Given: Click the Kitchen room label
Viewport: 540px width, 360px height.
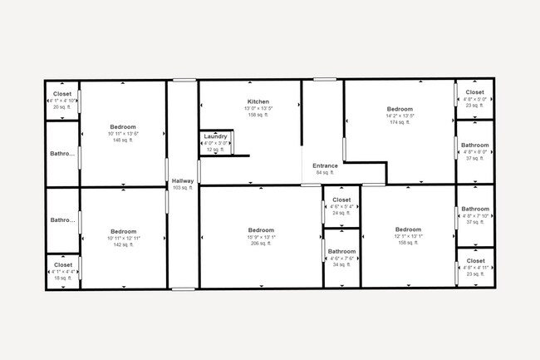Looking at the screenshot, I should point(258,101).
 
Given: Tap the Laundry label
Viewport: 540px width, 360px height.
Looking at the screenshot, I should point(215,136).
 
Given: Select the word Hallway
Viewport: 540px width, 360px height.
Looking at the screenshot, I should point(182,181).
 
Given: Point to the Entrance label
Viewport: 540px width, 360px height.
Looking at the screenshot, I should point(325,165).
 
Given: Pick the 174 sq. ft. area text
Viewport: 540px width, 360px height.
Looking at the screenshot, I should point(400,122).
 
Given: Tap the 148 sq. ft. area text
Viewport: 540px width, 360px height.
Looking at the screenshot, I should point(123,141).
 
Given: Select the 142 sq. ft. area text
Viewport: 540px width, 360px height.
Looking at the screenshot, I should point(123,245).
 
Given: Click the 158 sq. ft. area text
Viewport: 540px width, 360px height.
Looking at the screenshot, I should point(408,244).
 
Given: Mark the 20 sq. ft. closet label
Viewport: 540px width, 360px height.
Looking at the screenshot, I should point(62,107).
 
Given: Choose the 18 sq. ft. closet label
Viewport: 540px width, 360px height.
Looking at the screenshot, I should point(62,279).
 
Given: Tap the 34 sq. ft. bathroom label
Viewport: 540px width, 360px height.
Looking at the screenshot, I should point(341,265).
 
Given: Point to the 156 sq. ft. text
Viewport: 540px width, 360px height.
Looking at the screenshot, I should point(258,116).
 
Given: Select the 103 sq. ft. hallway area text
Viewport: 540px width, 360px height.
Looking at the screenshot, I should point(182,188).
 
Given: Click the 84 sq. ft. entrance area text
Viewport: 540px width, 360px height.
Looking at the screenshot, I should point(325,173).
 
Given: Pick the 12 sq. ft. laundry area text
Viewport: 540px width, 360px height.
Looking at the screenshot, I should point(215,150).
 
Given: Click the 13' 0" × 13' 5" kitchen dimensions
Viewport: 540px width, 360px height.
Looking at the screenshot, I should point(258,109).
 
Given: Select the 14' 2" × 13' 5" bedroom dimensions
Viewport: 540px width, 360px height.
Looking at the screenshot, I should point(400,116).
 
